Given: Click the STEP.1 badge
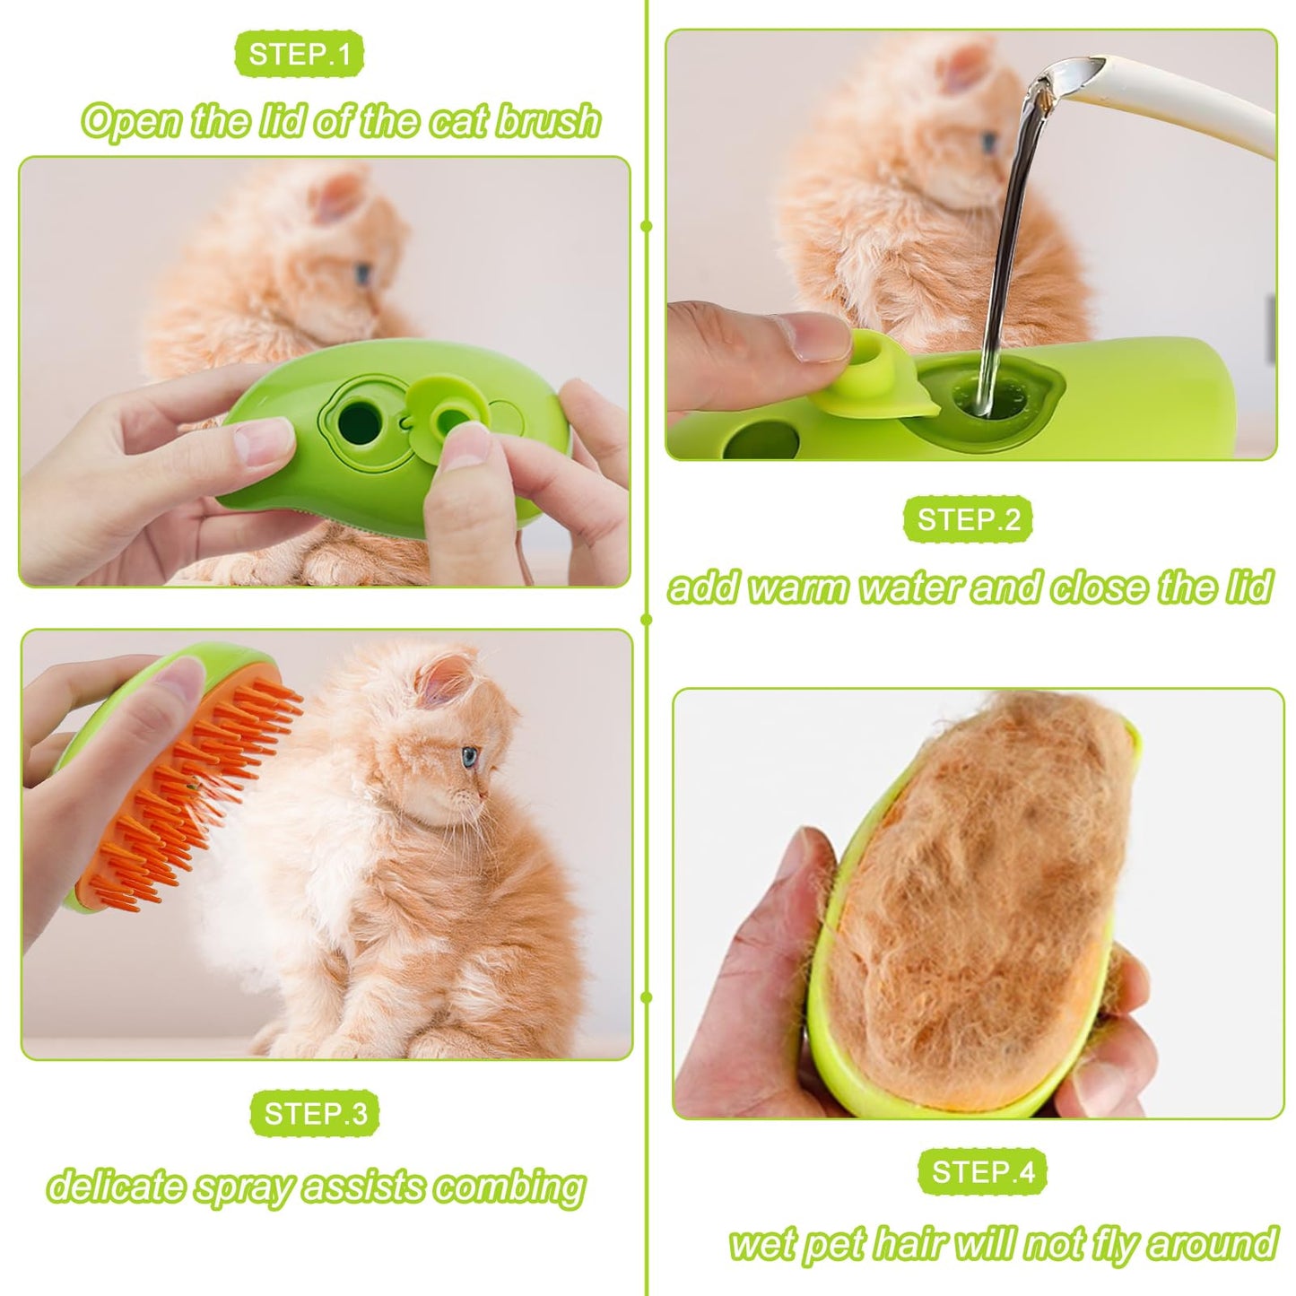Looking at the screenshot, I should (x=299, y=55).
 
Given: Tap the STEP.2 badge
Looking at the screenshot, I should (x=968, y=520).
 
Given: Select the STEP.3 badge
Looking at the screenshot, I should (x=315, y=1113).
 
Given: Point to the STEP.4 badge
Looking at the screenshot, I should (x=982, y=1171).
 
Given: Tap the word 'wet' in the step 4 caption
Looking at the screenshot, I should (x=762, y=1245).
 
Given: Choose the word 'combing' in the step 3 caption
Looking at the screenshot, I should (x=509, y=1187).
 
